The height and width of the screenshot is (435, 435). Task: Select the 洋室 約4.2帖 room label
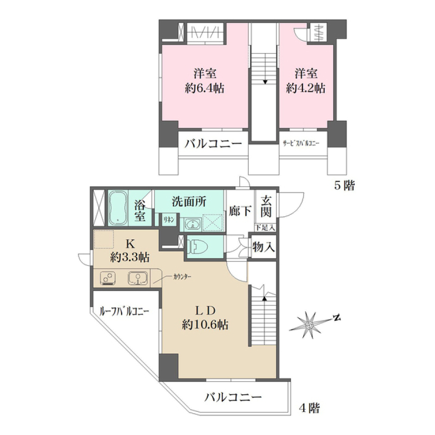305,80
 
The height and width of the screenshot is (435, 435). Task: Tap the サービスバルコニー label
301,144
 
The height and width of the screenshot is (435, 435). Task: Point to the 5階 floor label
344,185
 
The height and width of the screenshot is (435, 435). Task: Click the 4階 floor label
309,408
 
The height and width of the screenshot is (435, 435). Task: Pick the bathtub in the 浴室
118,208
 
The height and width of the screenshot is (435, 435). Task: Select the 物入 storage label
263,247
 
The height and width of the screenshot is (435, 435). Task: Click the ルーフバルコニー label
124,311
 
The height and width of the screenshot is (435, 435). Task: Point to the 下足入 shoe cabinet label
265,227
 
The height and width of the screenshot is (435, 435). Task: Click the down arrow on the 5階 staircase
265,82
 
